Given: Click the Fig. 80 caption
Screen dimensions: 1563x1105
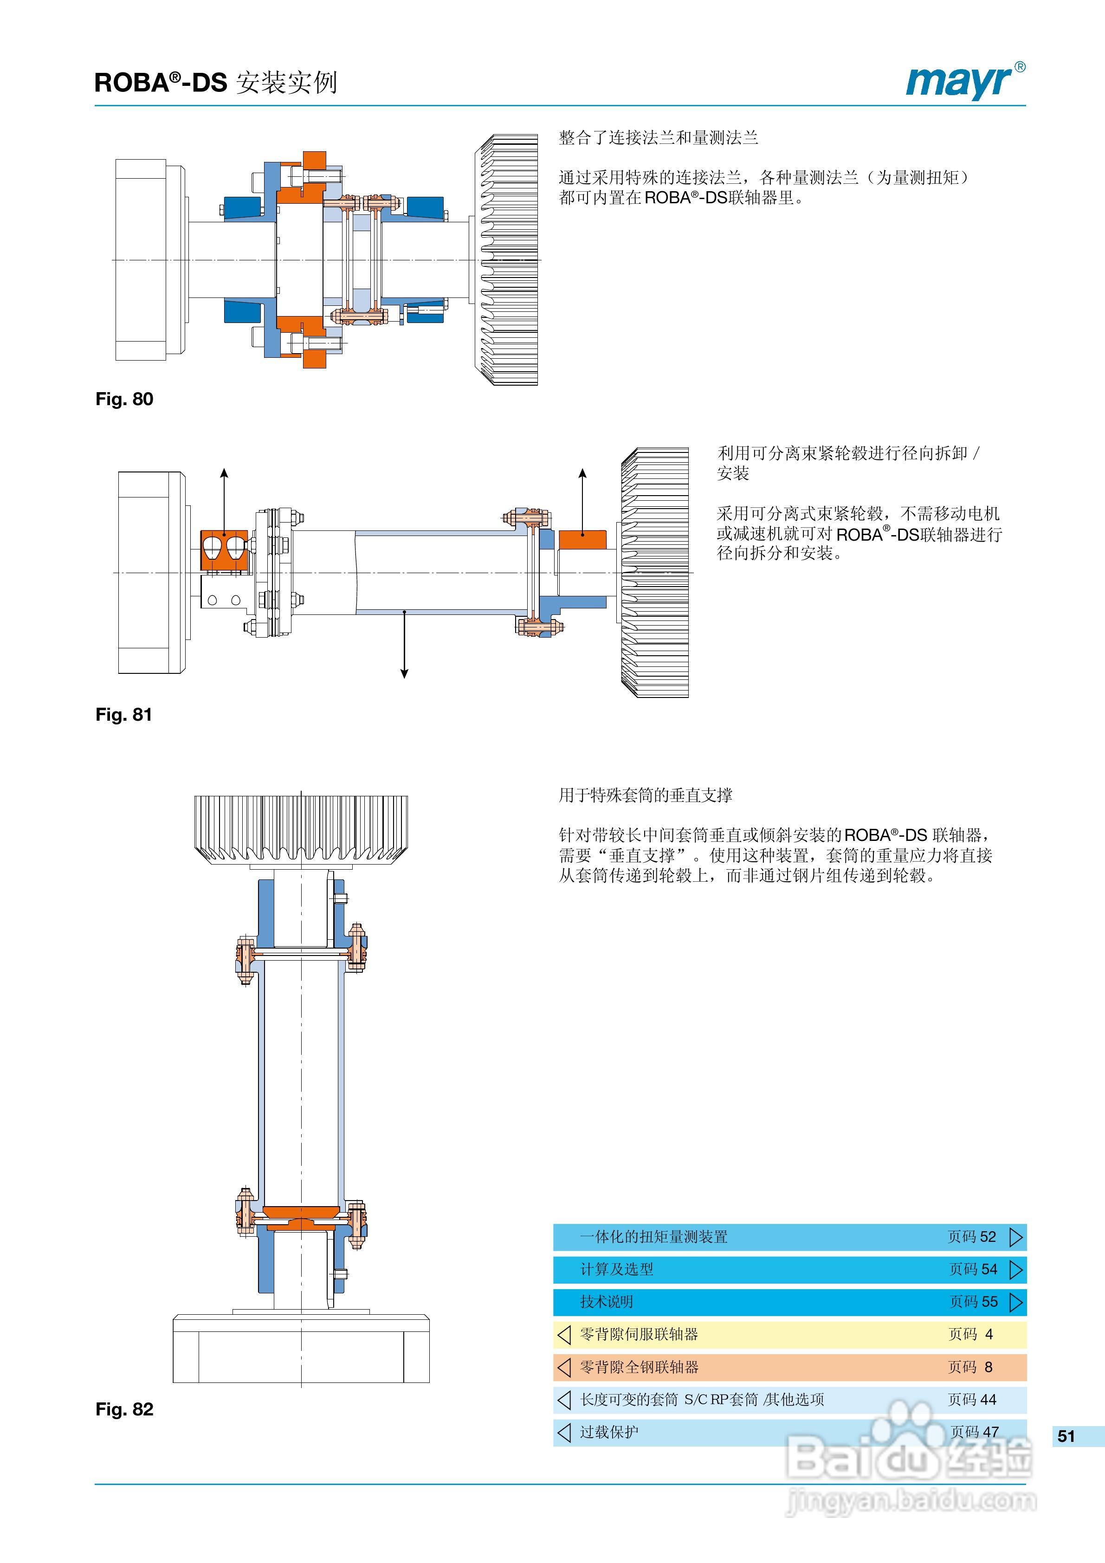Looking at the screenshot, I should [124, 399].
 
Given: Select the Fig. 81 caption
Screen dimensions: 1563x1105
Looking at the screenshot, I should [123, 714].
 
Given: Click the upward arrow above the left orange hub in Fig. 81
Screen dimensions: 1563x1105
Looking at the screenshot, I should [224, 477].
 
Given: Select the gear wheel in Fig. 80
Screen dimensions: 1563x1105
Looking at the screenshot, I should [507, 260].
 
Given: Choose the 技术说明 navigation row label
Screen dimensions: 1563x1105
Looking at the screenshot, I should [606, 1302].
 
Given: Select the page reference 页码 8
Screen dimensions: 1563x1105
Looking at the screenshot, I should [970, 1367].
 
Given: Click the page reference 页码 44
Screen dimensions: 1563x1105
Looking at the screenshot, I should [971, 1400].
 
